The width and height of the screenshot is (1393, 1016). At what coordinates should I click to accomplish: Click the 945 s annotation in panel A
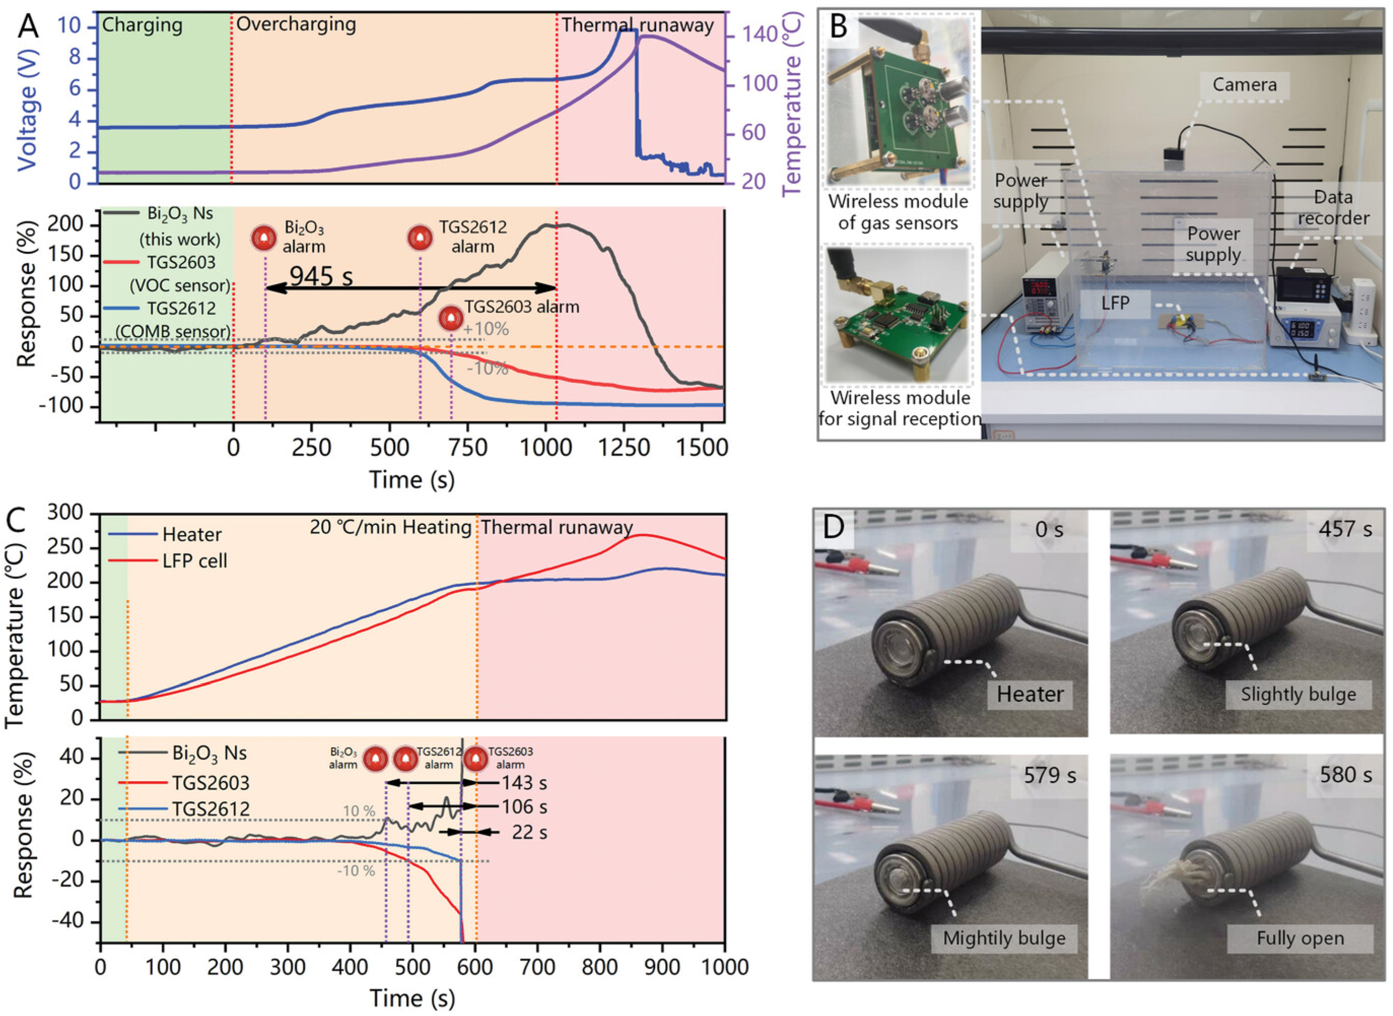coord(321,277)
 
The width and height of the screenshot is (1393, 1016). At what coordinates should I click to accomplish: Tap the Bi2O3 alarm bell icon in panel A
coord(265,238)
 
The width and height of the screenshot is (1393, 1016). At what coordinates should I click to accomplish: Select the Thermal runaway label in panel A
coord(637,25)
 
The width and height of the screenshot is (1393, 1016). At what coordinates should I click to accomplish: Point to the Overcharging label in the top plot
coord(296,24)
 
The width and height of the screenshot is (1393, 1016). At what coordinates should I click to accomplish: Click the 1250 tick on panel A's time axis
coord(624,448)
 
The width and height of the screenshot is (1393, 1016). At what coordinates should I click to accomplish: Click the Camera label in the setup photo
coord(1244,85)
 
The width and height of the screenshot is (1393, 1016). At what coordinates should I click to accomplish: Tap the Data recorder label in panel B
coord(1333,208)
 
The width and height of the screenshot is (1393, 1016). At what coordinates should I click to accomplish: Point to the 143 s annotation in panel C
coord(524,783)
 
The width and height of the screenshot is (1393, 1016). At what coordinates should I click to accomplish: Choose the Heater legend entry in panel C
coord(191,534)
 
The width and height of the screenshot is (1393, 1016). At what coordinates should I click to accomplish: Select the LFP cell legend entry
coord(194,561)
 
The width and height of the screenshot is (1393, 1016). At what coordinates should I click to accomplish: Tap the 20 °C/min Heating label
coord(390,527)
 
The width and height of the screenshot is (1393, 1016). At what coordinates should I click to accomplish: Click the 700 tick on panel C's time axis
coord(537,966)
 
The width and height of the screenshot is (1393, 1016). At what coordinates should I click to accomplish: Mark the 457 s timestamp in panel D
coord(1344,529)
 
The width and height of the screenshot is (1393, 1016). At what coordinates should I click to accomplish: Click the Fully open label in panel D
coord(1300,938)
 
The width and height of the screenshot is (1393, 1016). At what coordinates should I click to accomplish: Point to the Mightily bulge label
coord(1004,938)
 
